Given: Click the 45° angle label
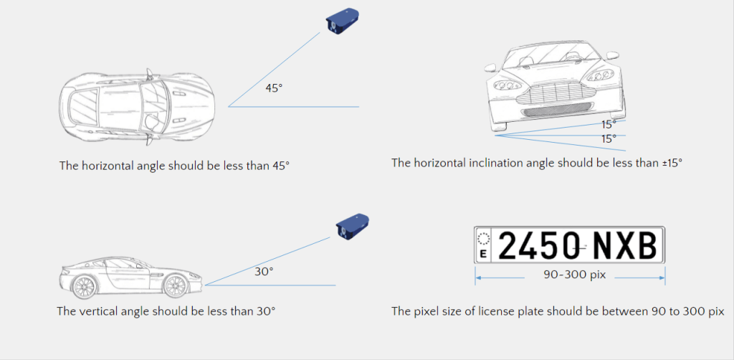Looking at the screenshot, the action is coord(274,87).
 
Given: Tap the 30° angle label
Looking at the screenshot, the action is coord(264,271).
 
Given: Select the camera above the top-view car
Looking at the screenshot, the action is coord(342,20).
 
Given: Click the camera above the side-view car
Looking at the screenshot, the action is coord(352,227).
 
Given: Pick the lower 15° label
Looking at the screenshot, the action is coord(609,138).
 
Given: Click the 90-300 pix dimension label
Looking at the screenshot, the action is coord(574,275).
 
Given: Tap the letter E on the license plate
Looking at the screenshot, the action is coord(483,254).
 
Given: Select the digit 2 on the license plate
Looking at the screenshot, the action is coord(509,246).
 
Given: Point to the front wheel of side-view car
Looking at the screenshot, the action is coord(175,285).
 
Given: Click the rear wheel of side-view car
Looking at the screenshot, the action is coord(85,286).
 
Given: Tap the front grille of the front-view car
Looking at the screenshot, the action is coord(556,93).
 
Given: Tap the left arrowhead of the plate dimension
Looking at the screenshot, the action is coord(477,278).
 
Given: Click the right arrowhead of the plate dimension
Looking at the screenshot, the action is coord(662,278).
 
